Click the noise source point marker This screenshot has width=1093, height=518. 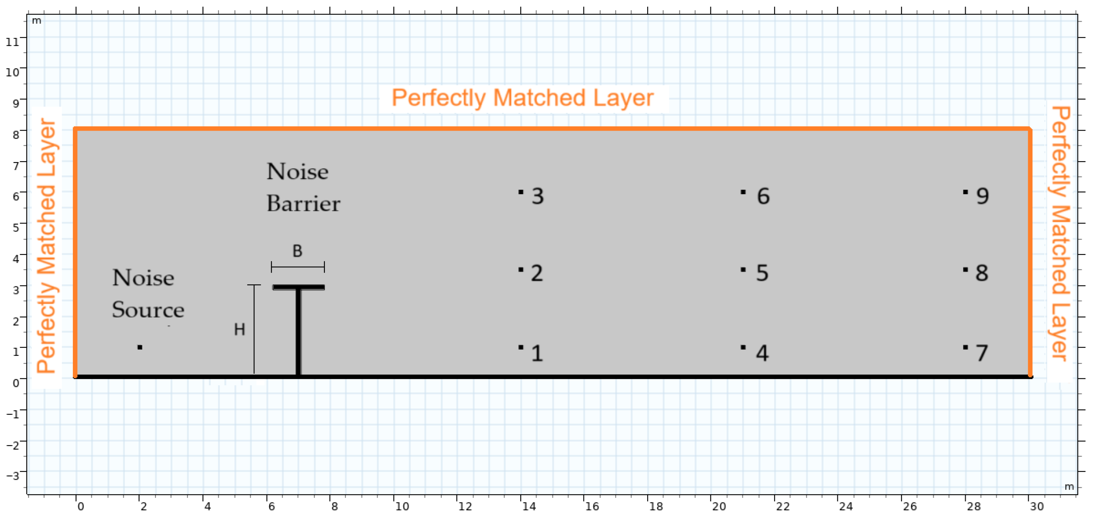pyautogui.click(x=140, y=347)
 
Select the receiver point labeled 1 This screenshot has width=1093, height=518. pyautogui.click(x=521, y=347)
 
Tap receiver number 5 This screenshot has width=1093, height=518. pyautogui.click(x=743, y=270)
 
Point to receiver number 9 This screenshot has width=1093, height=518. pyautogui.click(x=965, y=192)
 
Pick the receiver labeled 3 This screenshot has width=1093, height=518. pyautogui.click(x=521, y=192)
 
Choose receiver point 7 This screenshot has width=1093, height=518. pyautogui.click(x=965, y=347)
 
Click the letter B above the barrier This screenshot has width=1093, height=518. pyautogui.click(x=298, y=251)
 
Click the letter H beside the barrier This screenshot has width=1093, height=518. pyautogui.click(x=239, y=330)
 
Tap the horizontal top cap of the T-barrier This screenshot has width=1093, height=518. pyautogui.click(x=299, y=287)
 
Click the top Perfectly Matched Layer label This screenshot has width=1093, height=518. pyautogui.click(x=522, y=98)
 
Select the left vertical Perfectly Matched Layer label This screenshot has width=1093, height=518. pyautogui.click(x=47, y=246)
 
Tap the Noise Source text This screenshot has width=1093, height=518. pyautogui.click(x=148, y=293)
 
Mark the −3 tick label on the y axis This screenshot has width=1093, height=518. pyautogui.click(x=13, y=475)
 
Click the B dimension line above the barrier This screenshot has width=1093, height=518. pyautogui.click(x=298, y=267)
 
